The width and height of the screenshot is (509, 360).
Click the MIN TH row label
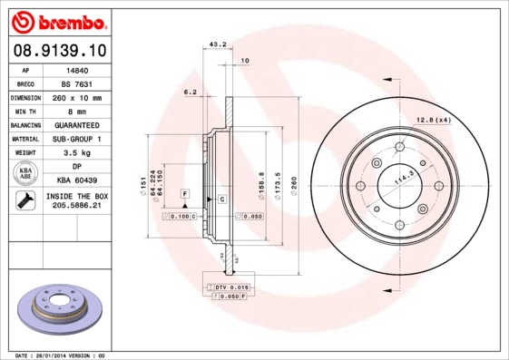26,111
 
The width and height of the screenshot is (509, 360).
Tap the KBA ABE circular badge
26,173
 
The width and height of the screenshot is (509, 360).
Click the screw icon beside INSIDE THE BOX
26,201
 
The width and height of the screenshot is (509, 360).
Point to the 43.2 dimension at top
218,44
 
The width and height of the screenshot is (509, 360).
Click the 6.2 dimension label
190,92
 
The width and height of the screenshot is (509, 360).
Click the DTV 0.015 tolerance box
231,287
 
